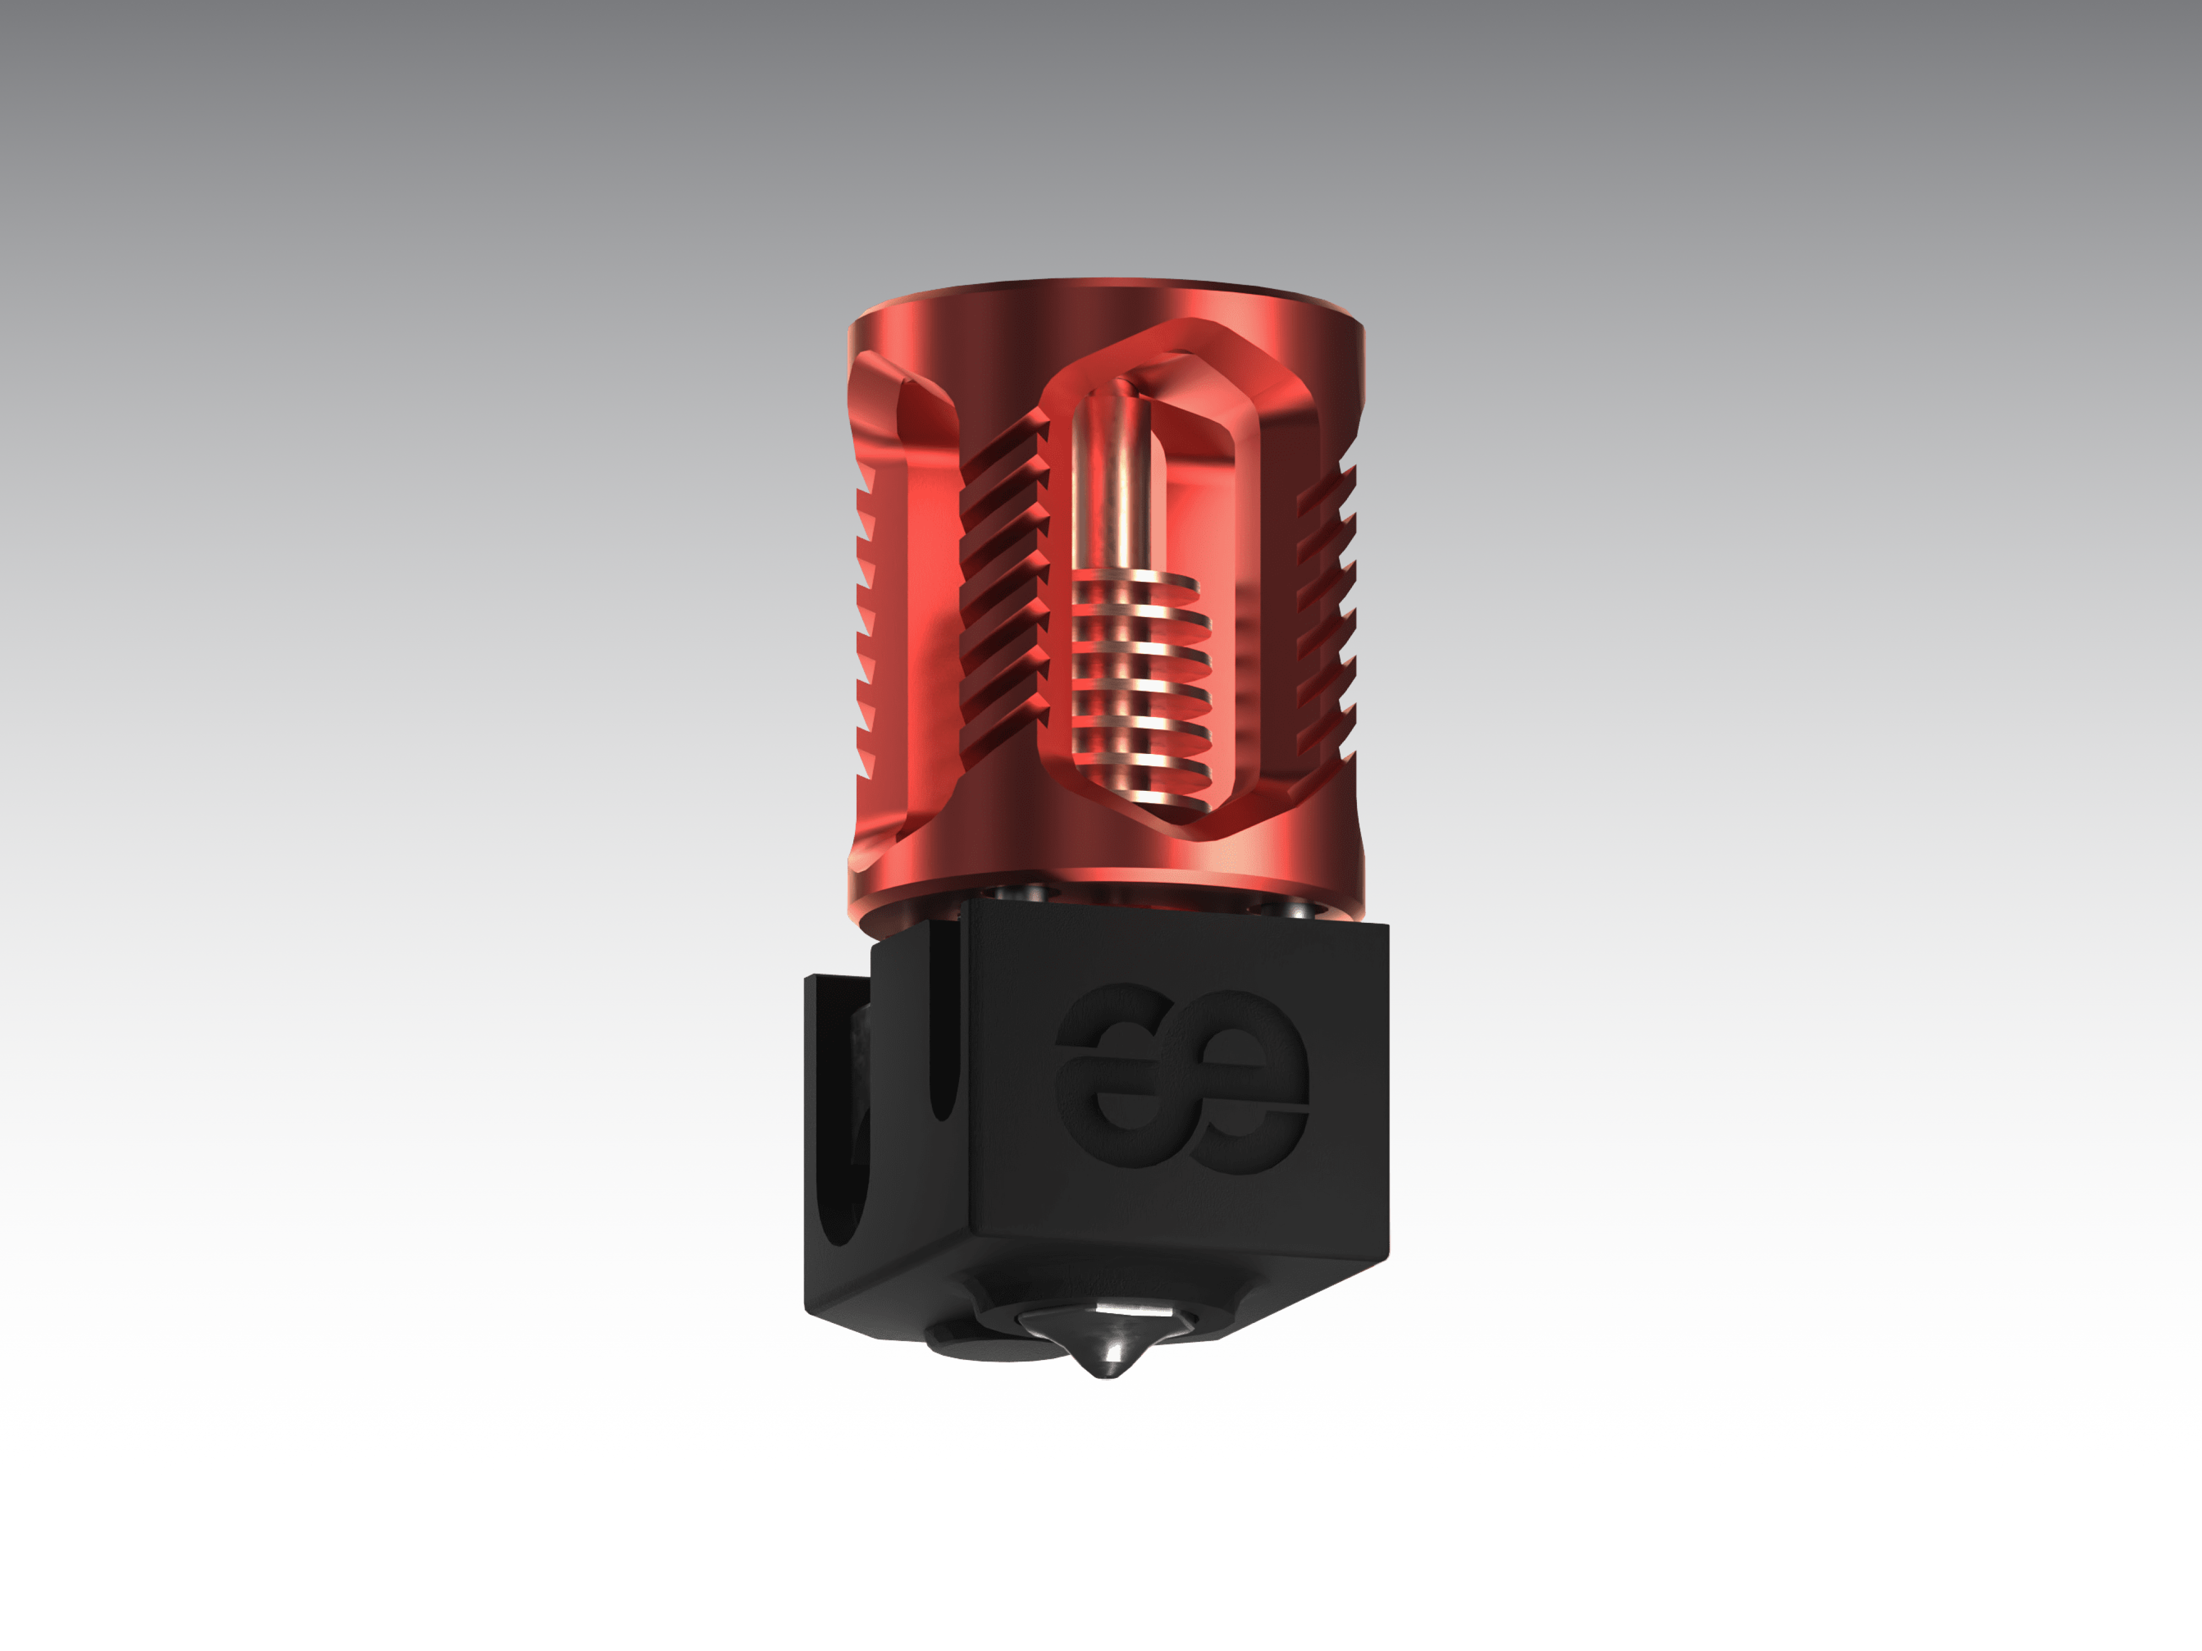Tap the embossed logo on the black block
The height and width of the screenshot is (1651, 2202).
tap(1181, 1080)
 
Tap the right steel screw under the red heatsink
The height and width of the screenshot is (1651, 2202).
tap(1284, 906)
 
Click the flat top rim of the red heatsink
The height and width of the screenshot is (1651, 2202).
tap(1105, 288)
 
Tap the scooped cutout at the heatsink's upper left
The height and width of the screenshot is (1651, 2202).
tap(901, 398)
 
